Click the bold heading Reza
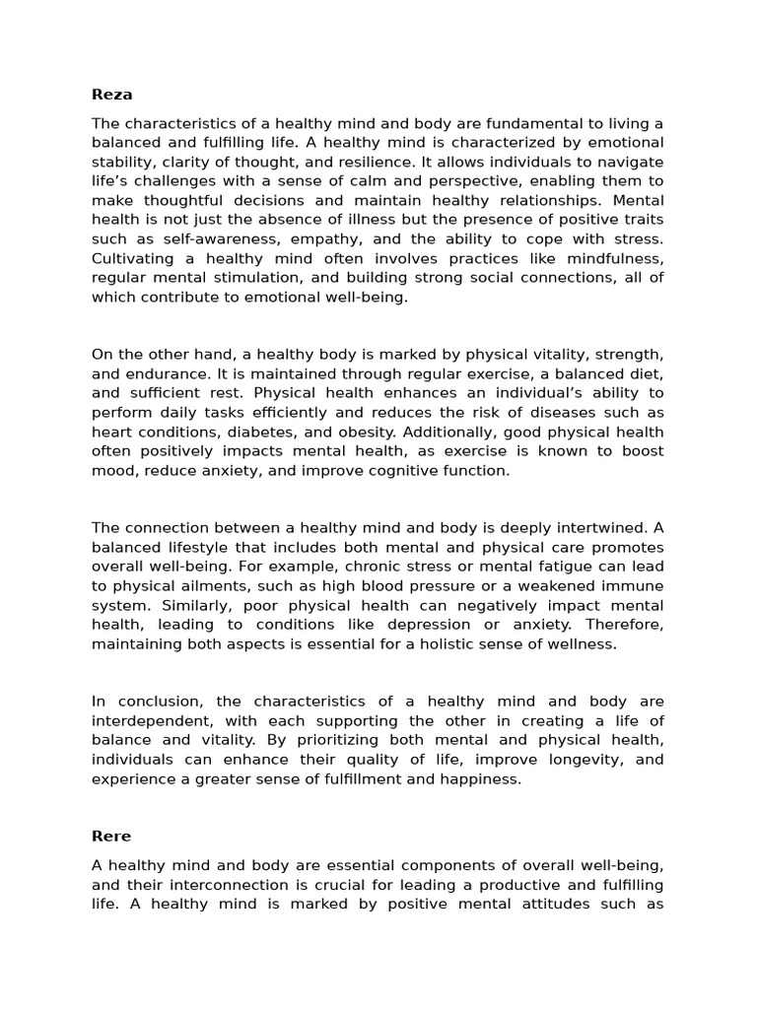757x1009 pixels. click(111, 95)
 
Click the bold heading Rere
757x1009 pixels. click(111, 836)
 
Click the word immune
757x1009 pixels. click(631, 585)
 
